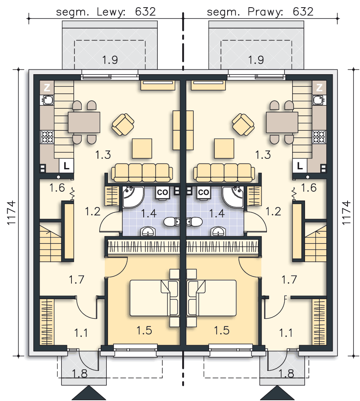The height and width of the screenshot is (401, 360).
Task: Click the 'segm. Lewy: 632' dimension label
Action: tap(106, 12)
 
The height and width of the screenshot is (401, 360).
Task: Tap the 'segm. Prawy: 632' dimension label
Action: tap(260, 12)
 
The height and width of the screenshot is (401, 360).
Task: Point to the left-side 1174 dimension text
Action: tap(12, 213)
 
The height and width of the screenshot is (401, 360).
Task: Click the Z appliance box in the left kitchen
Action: tap(47, 87)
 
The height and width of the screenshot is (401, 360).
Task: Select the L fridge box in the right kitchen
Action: tap(300, 166)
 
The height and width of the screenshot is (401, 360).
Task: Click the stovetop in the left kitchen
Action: tap(47, 137)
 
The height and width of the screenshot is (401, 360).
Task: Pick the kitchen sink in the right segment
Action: tap(319, 100)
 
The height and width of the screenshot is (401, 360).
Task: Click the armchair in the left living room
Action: tap(123, 125)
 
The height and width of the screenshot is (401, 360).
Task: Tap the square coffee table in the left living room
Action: tap(142, 148)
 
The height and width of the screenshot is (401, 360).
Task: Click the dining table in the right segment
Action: tap(282, 122)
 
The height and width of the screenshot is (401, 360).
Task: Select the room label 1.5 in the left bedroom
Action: tap(144, 330)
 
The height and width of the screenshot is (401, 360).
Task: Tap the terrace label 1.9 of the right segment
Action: tap(256, 60)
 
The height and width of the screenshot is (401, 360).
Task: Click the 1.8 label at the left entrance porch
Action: tap(80, 373)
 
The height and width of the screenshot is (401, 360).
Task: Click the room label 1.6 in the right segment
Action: tap(309, 188)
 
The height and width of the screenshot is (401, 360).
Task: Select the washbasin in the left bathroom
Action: tap(148, 231)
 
